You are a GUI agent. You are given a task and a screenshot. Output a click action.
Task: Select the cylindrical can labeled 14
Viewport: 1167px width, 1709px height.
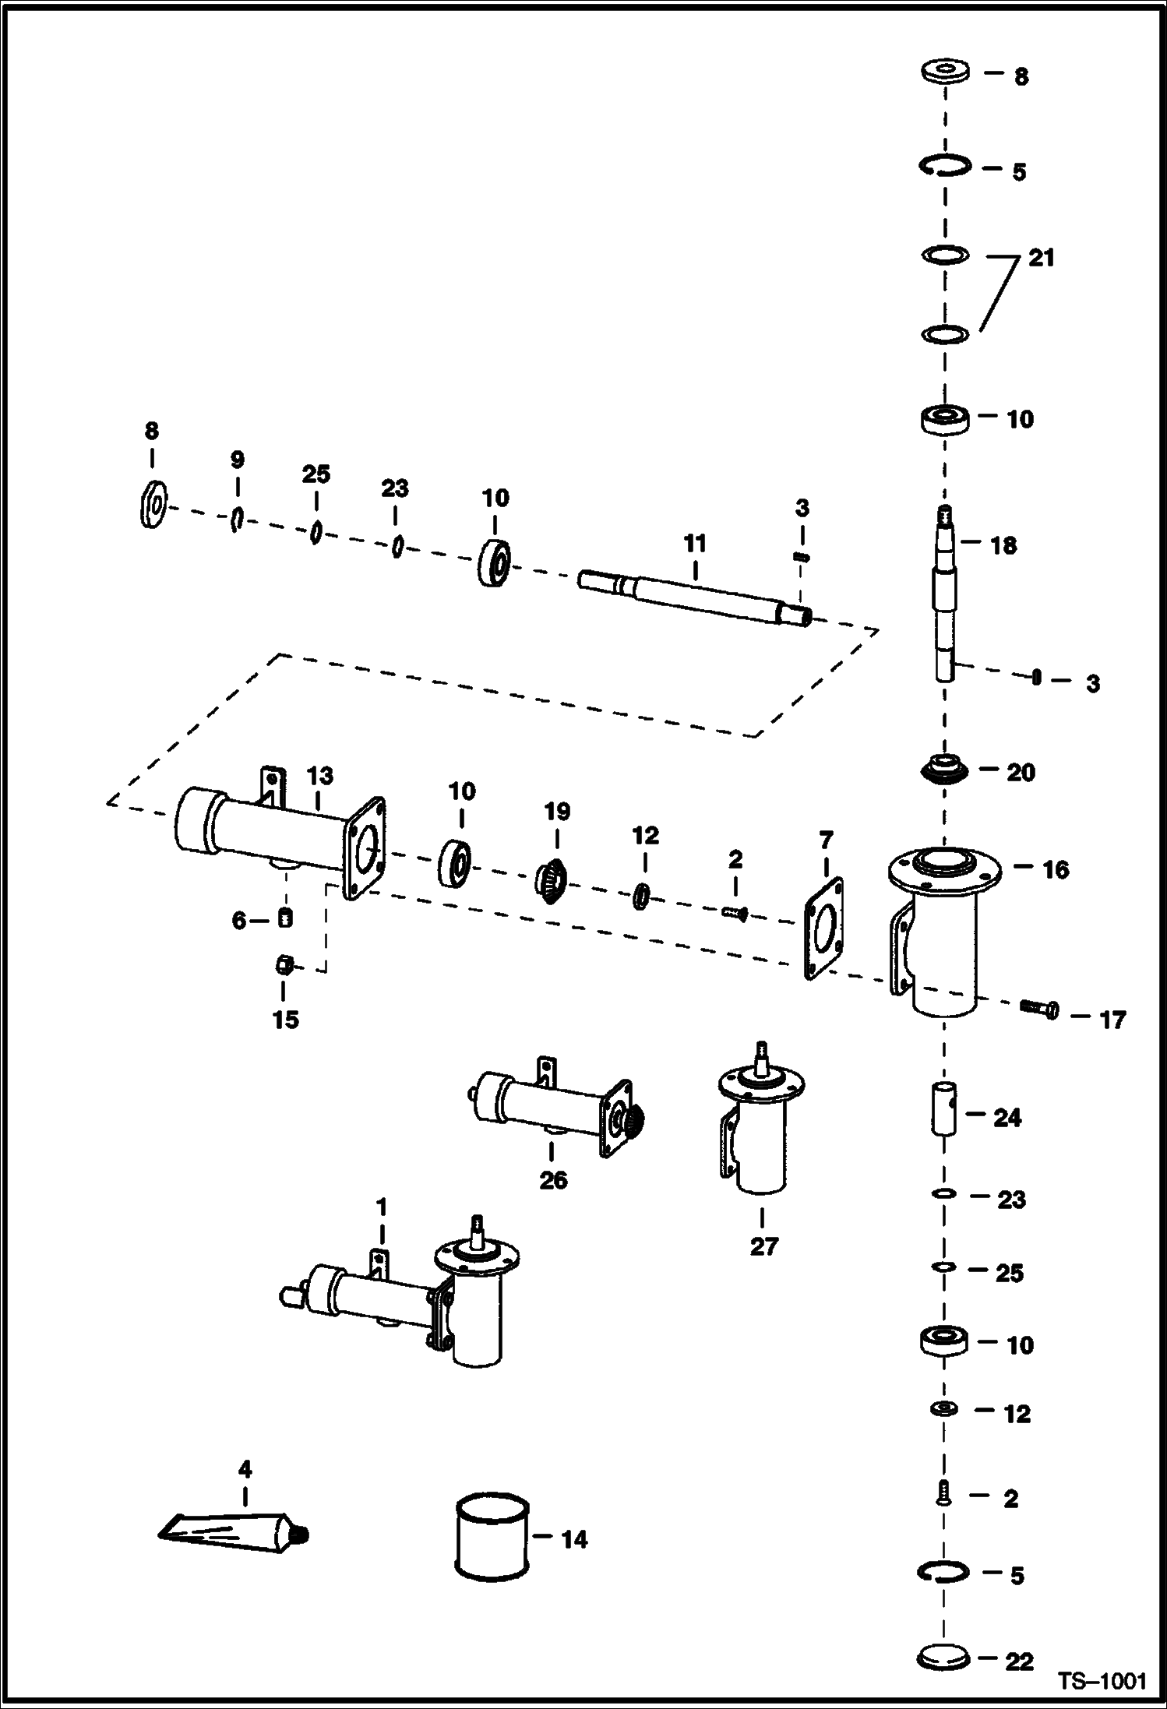pyautogui.click(x=491, y=1536)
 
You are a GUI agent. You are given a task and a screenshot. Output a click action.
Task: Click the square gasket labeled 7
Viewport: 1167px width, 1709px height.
pyautogui.click(x=823, y=928)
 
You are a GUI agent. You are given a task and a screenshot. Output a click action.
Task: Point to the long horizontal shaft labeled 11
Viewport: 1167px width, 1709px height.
pyautogui.click(x=693, y=598)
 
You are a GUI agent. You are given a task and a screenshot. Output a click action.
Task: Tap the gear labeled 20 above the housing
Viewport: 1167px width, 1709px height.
pyautogui.click(x=944, y=769)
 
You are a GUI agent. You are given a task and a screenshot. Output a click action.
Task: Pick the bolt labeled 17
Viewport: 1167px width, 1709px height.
pyautogui.click(x=1039, y=1009)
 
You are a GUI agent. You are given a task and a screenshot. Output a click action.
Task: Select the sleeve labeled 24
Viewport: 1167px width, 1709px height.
pyautogui.click(x=944, y=1108)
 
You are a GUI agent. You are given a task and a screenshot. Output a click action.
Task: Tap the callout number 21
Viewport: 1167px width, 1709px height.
pyautogui.click(x=1041, y=258)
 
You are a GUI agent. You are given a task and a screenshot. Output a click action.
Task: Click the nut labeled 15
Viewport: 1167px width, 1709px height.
pyautogui.click(x=284, y=965)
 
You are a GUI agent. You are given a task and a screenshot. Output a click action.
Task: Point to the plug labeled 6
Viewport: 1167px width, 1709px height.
pyautogui.click(x=285, y=918)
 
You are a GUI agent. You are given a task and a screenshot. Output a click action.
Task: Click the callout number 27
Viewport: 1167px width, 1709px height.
pyautogui.click(x=763, y=1246)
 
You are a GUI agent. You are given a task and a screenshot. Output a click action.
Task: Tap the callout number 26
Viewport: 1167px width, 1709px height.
pyautogui.click(x=553, y=1179)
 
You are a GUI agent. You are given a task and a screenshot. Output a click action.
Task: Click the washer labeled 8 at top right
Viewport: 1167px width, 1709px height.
pyautogui.click(x=945, y=72)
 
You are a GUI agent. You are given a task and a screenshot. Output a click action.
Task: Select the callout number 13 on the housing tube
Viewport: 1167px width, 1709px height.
pyautogui.click(x=319, y=776)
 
